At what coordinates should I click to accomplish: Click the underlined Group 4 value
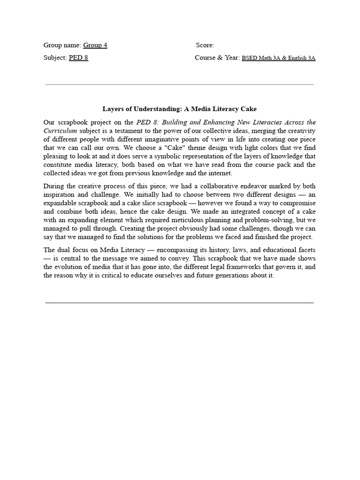click(95, 45)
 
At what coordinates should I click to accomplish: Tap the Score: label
click(205, 45)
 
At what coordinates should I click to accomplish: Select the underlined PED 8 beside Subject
click(78, 58)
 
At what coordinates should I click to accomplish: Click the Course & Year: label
click(217, 58)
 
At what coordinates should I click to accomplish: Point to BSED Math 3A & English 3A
click(278, 58)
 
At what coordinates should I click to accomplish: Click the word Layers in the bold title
click(113, 109)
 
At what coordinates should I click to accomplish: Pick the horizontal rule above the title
click(180, 85)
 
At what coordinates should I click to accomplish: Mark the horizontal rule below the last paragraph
click(180, 303)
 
